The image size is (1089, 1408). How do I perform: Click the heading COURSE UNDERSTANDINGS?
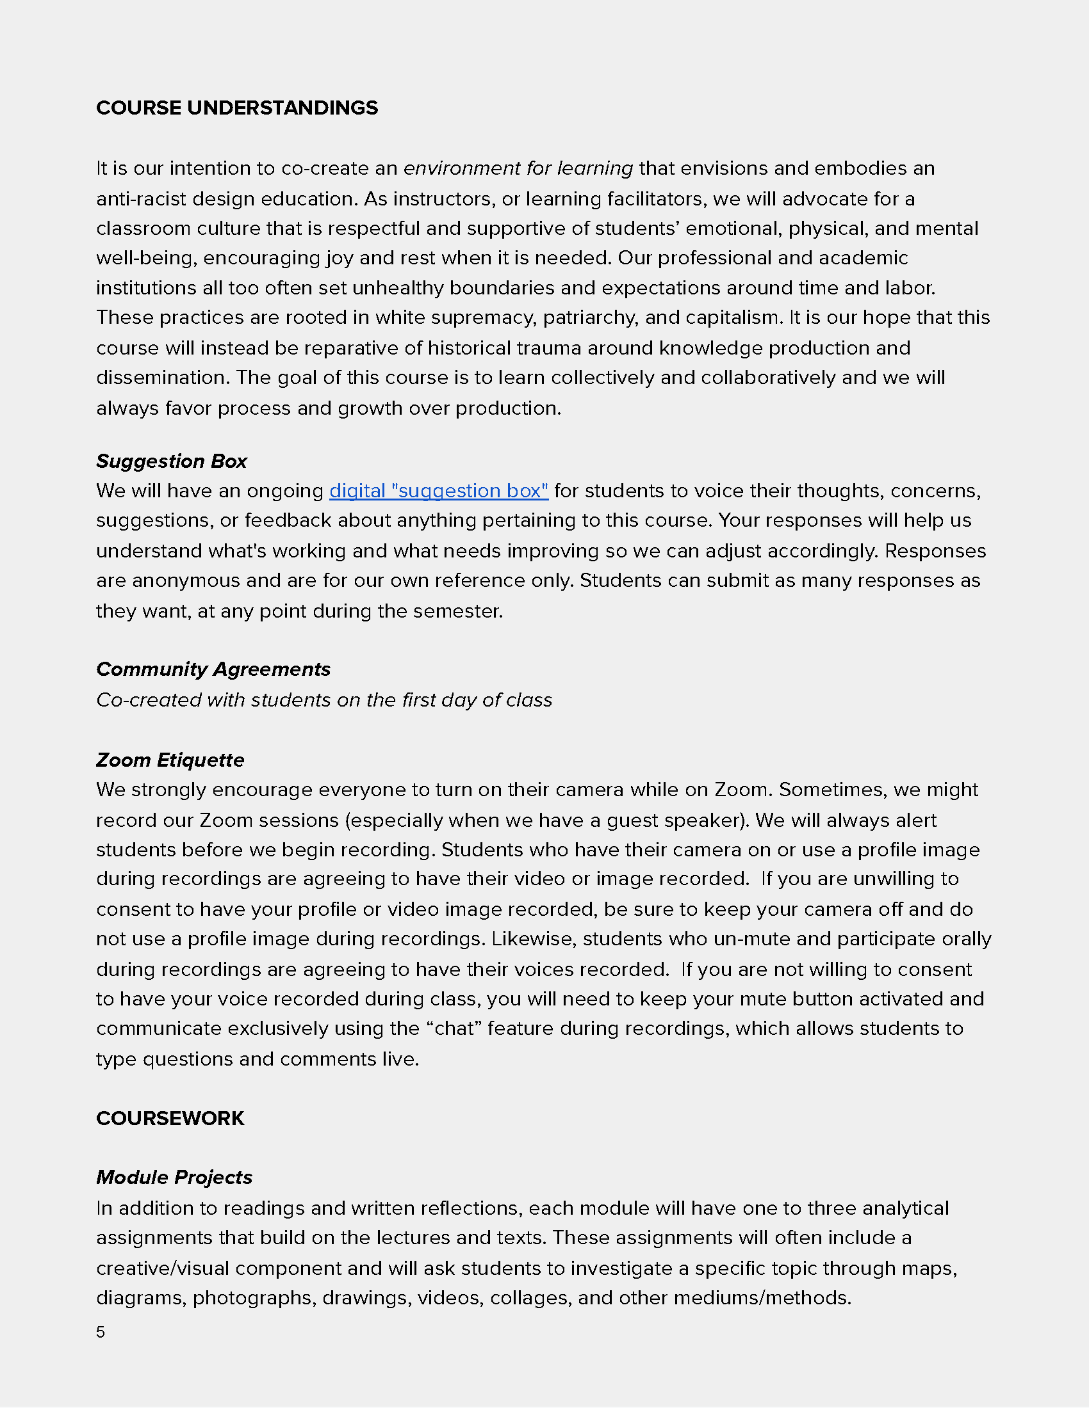(x=237, y=108)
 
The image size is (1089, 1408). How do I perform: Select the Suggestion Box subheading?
(x=172, y=461)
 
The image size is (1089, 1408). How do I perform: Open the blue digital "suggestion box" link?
(x=439, y=491)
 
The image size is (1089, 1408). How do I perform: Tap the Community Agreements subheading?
(x=213, y=669)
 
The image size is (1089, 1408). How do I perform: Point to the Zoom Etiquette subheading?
(x=170, y=760)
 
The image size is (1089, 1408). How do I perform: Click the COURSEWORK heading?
(x=170, y=1118)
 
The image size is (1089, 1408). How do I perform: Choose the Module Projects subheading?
(x=174, y=1177)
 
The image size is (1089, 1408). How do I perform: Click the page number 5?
(x=101, y=1332)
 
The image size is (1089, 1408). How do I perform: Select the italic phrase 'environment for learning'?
(x=518, y=168)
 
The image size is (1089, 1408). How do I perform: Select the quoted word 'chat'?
(x=454, y=1028)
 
